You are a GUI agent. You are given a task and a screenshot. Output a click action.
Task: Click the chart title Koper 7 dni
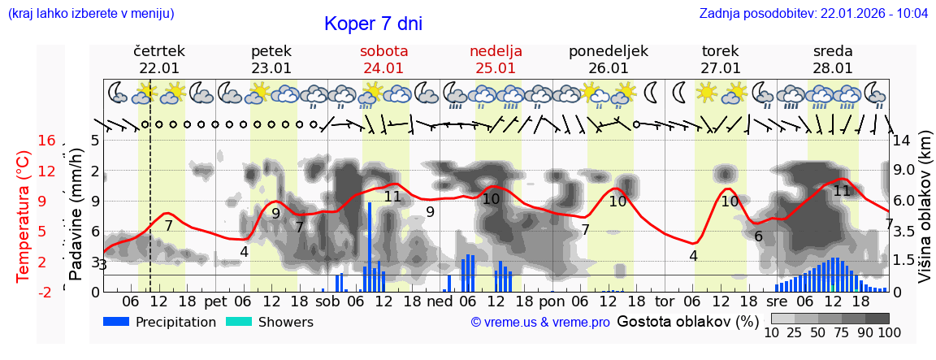373,24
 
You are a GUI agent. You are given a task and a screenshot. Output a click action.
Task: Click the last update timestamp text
813,13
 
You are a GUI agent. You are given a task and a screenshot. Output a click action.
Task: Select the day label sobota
383,51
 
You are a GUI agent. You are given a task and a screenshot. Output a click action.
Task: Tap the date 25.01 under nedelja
496,68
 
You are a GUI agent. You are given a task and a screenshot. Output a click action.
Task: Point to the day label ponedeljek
608,51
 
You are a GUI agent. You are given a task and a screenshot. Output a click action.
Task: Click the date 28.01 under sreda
833,68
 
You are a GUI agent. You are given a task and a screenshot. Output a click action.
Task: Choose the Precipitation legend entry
160,322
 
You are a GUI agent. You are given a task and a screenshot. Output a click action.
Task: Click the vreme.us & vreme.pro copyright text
540,322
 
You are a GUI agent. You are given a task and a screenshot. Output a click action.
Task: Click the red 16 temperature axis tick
47,141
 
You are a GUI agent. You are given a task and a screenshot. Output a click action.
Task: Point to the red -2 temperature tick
47,292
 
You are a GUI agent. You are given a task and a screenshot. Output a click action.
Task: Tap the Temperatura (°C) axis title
24,215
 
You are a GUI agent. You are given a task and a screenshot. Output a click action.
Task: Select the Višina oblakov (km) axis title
925,215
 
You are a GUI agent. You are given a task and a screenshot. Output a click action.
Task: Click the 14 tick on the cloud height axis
902,141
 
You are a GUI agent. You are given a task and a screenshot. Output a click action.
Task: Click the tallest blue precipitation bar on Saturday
370,246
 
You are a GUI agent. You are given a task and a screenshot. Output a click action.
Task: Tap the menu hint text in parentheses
91,13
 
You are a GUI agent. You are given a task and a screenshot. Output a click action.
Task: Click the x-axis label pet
215,301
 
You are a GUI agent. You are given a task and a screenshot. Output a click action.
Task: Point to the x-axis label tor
665,301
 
